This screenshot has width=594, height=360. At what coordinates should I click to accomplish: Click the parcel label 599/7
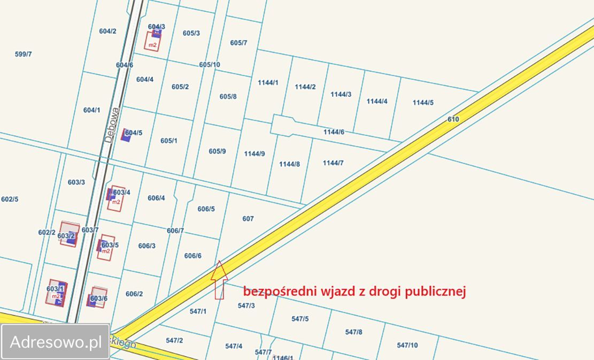tap(23, 54)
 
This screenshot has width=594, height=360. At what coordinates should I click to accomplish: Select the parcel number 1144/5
tap(423, 103)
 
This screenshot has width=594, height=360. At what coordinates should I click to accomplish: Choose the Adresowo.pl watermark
tap(56, 342)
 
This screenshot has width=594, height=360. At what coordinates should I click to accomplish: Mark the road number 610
tap(453, 119)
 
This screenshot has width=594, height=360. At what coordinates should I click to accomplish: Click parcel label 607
tap(248, 219)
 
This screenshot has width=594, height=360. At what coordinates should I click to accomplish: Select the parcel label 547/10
tap(407, 346)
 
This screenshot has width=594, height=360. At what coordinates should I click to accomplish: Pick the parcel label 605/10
tap(210, 65)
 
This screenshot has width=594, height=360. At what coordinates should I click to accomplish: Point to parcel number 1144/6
tap(334, 132)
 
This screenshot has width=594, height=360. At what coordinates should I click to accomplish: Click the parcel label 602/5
tap(10, 200)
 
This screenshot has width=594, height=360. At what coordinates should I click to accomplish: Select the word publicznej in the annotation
tap(436, 292)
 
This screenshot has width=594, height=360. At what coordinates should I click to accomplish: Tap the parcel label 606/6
tap(192, 256)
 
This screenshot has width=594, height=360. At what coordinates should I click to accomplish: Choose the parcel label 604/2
tap(107, 31)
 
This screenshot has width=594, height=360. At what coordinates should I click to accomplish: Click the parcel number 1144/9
tap(254, 154)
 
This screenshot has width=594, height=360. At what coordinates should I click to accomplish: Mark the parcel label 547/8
tap(353, 332)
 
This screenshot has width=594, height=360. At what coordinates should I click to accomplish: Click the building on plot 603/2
tap(69, 234)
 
